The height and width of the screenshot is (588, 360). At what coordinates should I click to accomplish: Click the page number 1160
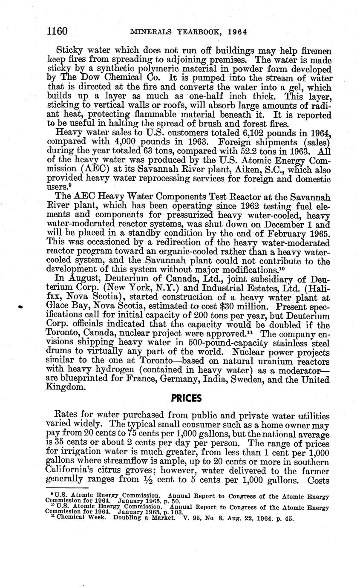click(57, 31)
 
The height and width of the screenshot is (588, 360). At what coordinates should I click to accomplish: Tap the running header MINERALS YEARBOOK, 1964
click(189, 32)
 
